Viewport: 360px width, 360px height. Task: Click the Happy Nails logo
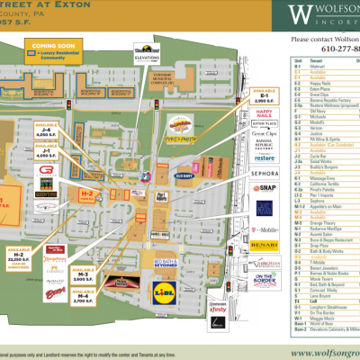[x=264, y=111]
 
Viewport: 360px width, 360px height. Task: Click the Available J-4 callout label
[x=46, y=133]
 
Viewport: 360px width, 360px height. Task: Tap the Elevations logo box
[x=148, y=52]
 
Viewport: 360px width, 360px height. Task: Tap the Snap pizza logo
[x=263, y=188]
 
